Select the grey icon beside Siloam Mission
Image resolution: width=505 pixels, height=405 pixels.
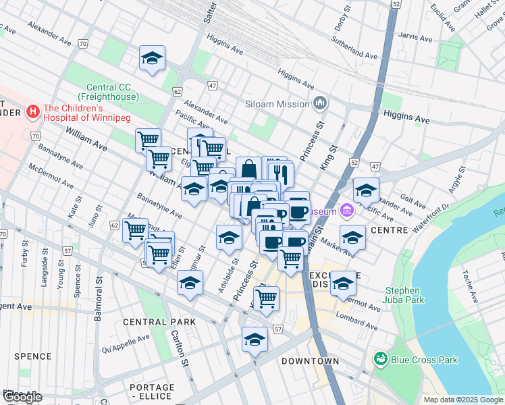pos(320,103)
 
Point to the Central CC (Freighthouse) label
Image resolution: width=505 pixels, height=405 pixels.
pos(113,92)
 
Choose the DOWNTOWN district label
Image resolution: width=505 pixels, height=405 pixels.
pos(310,361)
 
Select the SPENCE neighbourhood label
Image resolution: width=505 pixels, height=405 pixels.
pos(32,356)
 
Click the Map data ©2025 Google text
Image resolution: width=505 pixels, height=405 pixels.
pos(463,400)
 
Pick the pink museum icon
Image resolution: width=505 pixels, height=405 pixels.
pos(348,211)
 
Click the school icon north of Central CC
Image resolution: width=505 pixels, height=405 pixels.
pos(153,59)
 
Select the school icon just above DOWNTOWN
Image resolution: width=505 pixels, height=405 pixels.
pos(255,340)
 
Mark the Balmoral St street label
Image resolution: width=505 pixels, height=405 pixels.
pos(99,297)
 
